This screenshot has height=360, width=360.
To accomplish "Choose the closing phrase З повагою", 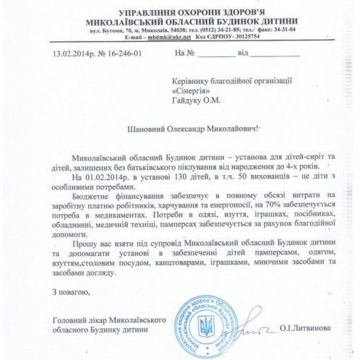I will point(72,292).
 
